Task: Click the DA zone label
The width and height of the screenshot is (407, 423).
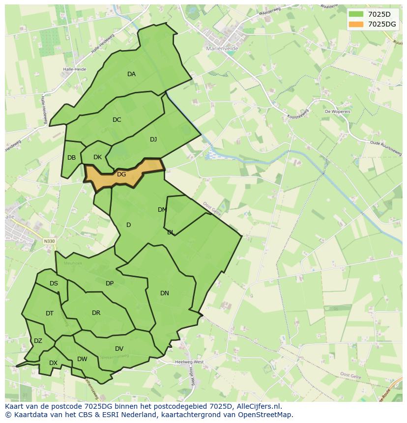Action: tap(131, 74)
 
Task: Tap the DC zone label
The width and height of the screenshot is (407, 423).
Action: tap(116, 120)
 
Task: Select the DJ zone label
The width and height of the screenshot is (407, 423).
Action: tap(153, 140)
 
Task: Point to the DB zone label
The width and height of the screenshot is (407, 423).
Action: tap(72, 158)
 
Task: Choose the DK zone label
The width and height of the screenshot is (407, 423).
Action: tap(97, 157)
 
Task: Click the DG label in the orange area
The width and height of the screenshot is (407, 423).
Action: tap(121, 174)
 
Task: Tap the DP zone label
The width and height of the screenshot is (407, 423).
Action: tap(110, 283)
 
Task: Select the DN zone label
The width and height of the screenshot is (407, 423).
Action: tap(165, 293)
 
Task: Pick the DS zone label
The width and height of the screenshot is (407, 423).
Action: tap(54, 283)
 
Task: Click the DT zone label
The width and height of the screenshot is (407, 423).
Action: tap(50, 313)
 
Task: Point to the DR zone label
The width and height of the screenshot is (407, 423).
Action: tap(96, 313)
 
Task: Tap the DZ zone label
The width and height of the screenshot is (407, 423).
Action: tap(38, 341)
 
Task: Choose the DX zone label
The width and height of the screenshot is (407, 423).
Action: tap(53, 363)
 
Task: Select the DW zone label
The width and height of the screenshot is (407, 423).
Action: tap(82, 359)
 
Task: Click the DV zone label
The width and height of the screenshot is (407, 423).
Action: tap(119, 349)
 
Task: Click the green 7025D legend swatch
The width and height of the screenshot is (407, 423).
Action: tap(356, 14)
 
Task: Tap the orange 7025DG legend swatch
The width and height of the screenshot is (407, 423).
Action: tap(356, 24)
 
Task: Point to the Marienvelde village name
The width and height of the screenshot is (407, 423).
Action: tap(222, 48)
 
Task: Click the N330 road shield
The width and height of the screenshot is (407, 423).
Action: tap(49, 241)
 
